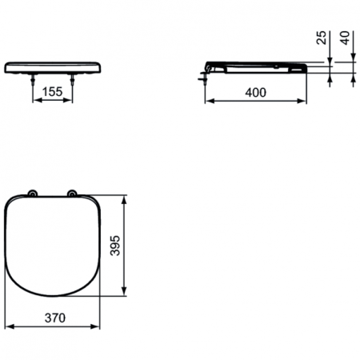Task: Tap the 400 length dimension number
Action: coord(255,92)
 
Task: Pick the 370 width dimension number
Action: coord(54,318)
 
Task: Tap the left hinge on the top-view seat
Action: coord(32,193)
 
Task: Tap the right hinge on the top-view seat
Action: coord(73,193)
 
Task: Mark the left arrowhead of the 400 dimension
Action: coord(210,102)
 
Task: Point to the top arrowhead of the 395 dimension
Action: coord(124,198)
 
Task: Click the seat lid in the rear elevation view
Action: coord(54,63)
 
